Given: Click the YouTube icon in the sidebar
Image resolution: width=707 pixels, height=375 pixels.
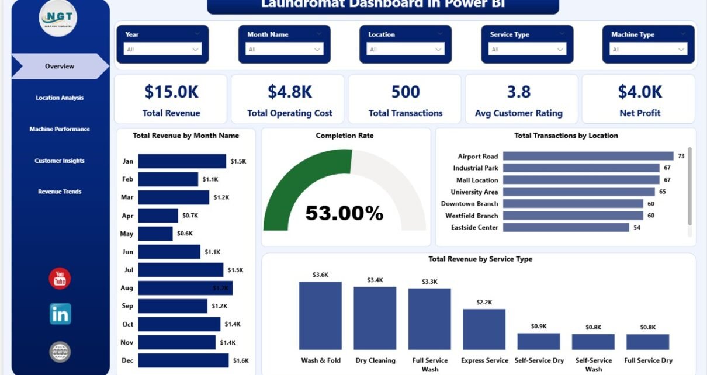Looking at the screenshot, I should [60, 279].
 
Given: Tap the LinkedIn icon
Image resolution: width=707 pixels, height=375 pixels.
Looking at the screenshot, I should [60, 314].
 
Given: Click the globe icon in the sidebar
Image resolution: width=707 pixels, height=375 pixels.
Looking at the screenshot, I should [60, 352].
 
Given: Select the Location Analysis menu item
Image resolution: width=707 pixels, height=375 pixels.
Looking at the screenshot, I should [60, 98].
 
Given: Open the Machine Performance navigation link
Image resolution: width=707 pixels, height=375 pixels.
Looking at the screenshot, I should [60, 129].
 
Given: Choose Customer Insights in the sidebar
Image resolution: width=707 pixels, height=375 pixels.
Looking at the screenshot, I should [60, 161].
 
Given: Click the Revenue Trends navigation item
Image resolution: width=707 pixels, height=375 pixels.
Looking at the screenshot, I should [60, 192].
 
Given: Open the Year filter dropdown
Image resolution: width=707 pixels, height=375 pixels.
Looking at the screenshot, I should [162, 50].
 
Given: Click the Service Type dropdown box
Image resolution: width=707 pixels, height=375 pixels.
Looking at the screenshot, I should [528, 50].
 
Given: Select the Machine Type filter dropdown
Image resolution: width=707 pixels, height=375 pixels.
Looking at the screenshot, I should [649, 50].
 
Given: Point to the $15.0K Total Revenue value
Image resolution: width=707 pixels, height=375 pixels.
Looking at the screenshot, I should [171, 92].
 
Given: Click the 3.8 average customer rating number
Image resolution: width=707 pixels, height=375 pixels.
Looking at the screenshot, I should [519, 92].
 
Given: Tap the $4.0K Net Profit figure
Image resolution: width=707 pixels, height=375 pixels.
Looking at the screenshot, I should [640, 92].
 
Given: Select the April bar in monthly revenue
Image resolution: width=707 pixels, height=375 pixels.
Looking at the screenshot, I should [158, 216].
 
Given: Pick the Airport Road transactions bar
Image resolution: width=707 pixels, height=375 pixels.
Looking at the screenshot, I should [588, 156].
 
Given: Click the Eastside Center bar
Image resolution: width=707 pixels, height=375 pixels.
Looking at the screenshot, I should [566, 227].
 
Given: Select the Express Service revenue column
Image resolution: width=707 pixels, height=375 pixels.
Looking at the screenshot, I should [484, 329].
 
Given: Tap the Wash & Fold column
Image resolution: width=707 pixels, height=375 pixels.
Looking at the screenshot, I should [320, 315].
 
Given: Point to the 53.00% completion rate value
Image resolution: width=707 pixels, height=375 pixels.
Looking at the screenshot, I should [344, 213].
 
